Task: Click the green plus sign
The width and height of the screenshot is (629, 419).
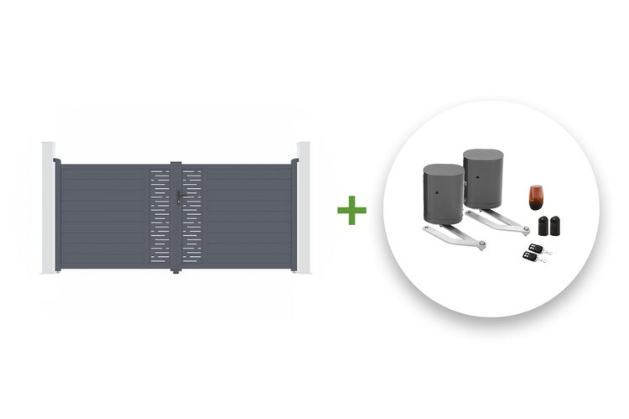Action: (351, 208)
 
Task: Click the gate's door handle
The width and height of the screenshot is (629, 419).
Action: (179, 200)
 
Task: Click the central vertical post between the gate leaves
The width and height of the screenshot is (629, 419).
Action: (175, 218)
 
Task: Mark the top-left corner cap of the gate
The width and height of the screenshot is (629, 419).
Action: (57, 161)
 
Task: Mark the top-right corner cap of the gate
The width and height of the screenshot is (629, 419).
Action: (294, 161)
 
